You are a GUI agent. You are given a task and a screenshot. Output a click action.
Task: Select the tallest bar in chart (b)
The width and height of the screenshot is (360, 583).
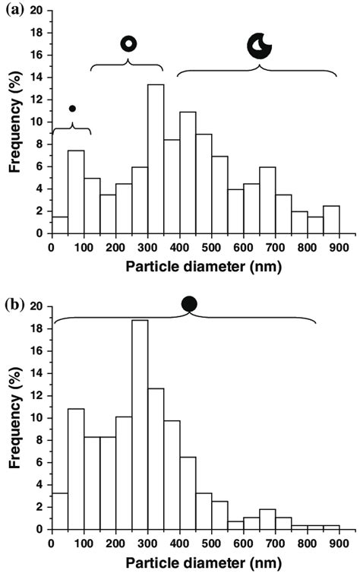coord(139,425)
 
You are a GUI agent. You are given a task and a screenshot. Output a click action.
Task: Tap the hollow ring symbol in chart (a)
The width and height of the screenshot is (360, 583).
coord(128,43)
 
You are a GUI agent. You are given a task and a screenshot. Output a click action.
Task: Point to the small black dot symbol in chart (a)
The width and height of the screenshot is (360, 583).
coord(72,108)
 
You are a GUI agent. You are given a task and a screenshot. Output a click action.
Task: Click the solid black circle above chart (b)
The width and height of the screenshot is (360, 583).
coord(189,304)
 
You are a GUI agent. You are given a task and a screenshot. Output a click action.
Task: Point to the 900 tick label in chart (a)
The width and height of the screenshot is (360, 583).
coord(339,246)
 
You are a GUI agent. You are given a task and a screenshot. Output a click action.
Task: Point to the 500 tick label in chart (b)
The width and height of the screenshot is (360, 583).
coord(211,543)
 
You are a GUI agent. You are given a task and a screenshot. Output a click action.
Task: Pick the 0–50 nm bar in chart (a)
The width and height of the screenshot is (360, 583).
coord(59,224)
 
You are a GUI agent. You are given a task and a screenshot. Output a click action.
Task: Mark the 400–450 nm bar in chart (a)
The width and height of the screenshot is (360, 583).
coord(187,172)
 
